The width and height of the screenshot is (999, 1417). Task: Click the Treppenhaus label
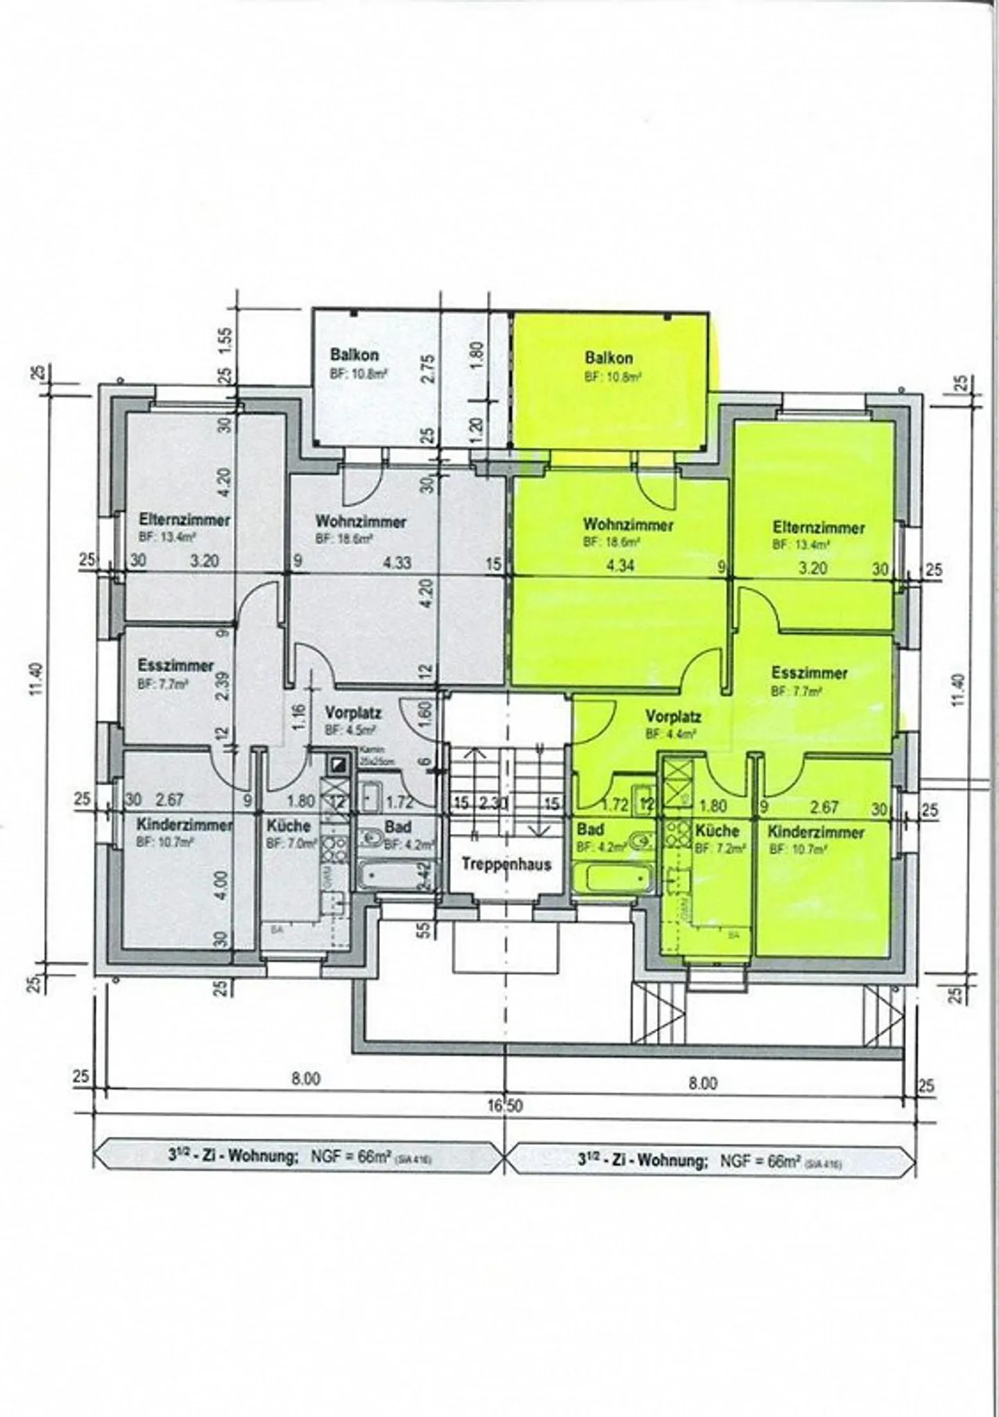pos(506,864)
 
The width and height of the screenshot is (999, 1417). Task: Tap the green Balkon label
pos(608,358)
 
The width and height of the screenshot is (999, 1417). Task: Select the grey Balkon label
pos(355,355)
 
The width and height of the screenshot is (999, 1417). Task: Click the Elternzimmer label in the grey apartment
pos(185,520)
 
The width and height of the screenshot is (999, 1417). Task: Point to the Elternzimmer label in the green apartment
pos(819,528)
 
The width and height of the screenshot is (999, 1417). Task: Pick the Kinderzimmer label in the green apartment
pos(816,832)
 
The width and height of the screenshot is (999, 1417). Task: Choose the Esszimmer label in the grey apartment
pos(176,666)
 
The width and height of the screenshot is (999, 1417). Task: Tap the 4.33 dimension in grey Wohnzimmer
pos(398,562)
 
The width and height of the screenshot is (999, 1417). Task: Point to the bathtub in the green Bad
pos(613,878)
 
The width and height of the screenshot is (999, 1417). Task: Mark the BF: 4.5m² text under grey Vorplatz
pos(350,730)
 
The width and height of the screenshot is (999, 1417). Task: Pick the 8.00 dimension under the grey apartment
pos(306,1079)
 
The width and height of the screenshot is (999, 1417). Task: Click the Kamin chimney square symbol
pos(338,764)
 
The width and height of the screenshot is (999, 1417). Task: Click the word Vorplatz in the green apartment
pos(673,716)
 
